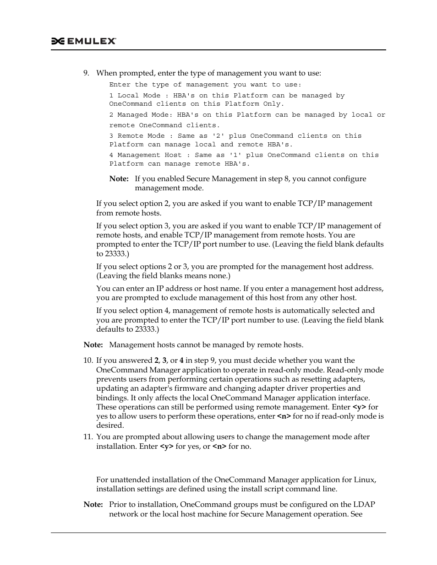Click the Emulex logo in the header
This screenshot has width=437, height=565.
click(x=83, y=41)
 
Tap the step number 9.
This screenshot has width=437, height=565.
click(x=86, y=73)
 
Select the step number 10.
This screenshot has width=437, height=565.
click(x=87, y=361)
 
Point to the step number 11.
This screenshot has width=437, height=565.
click(x=87, y=437)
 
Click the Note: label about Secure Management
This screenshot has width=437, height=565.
click(x=119, y=179)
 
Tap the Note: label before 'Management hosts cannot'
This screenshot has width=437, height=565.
click(x=93, y=345)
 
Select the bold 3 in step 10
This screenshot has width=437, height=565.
click(x=164, y=361)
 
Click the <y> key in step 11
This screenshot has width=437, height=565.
click(x=167, y=447)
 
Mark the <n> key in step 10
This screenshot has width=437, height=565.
click(x=284, y=416)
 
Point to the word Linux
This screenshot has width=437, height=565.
click(x=365, y=480)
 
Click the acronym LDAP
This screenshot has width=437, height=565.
click(x=364, y=505)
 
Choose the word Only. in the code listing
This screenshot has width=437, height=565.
click(x=274, y=104)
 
